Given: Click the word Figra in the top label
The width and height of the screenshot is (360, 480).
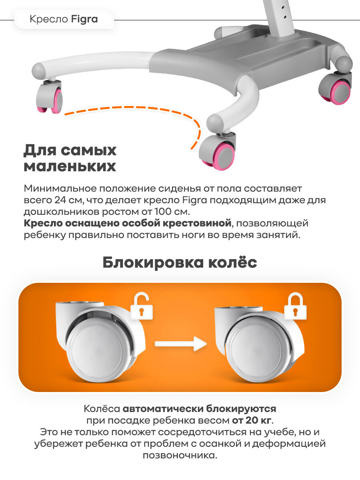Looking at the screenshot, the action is click(85, 19).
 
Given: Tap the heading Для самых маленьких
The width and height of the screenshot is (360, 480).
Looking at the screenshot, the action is click(70, 158).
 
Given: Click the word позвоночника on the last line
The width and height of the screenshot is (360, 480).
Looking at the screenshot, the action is click(180, 456).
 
